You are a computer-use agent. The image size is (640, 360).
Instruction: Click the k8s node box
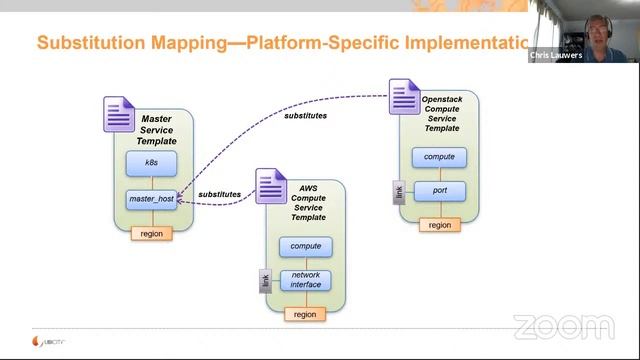tap(151, 162)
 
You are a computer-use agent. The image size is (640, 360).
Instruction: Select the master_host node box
tap(151, 199)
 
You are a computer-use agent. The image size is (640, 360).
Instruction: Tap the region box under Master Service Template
tap(151, 233)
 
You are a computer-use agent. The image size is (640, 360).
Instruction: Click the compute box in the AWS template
tap(305, 246)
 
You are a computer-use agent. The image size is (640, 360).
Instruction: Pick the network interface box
tap(305, 280)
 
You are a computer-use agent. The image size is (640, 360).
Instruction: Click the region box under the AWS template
tap(305, 314)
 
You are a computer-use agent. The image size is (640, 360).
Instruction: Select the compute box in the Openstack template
tap(439, 157)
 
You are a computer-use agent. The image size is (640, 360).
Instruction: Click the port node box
tap(439, 190)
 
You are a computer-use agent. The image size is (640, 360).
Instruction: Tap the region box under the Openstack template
tap(439, 225)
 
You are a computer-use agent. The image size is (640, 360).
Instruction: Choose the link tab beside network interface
tap(265, 282)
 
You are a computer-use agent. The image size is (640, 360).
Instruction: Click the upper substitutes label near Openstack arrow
tap(305, 115)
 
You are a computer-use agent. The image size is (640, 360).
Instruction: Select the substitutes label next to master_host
tap(220, 194)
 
